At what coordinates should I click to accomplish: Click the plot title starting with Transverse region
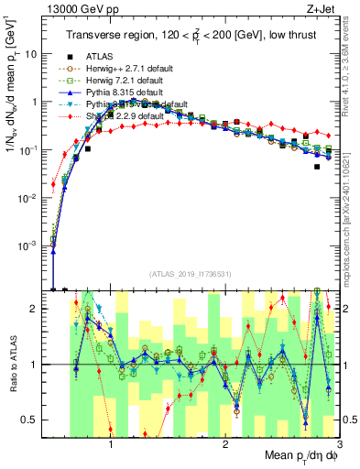190,34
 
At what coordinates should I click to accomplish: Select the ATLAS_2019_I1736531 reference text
190,274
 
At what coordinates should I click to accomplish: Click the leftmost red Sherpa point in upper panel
53,184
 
